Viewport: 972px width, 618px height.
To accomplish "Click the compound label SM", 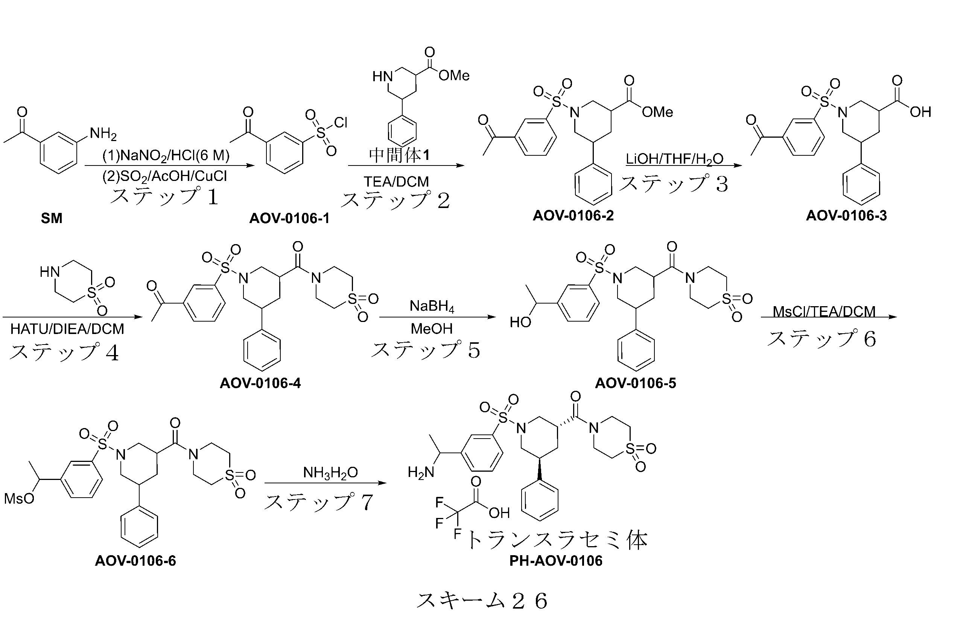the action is click(52, 218).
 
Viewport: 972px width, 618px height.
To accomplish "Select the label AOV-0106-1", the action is click(289, 218).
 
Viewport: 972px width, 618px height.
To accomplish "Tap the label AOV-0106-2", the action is click(573, 216).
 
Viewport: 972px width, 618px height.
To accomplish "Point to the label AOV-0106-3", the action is click(846, 216).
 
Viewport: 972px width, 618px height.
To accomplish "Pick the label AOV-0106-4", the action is click(260, 383).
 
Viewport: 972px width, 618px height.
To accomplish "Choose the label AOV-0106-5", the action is click(635, 383).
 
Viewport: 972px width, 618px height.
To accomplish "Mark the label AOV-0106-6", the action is click(135, 560).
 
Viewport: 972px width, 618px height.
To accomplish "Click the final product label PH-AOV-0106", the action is click(556, 560).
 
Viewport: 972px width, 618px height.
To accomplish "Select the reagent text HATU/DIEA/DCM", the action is click(67, 329).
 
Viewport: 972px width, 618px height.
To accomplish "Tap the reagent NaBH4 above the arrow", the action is click(432, 306).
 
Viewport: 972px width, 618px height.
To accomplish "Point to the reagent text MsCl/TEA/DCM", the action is click(824, 311).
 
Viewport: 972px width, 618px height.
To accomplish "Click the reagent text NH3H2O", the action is click(330, 472).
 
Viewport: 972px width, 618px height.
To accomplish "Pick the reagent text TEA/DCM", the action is click(396, 182).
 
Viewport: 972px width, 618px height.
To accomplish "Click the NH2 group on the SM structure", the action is click(103, 134).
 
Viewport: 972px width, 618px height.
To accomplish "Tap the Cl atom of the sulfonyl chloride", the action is click(341, 122).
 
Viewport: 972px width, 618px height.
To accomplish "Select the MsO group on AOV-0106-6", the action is click(19, 499).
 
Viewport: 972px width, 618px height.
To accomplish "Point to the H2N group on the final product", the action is click(421, 472).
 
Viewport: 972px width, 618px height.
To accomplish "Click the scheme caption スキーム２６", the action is click(482, 601).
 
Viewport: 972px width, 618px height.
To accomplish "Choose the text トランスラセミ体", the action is click(557, 540).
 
